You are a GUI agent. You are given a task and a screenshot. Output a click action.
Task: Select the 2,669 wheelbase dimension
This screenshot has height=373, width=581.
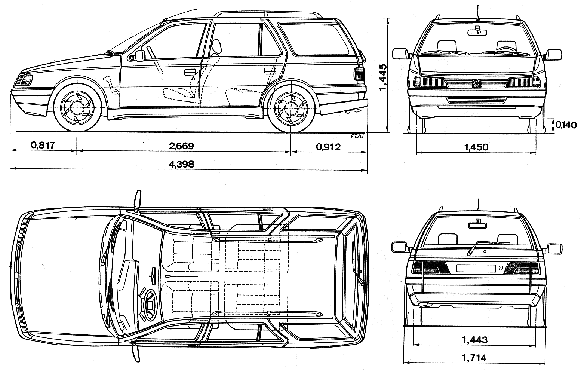tap(181, 146)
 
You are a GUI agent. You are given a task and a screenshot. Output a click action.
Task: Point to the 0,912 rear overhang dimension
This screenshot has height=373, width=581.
tap(328, 147)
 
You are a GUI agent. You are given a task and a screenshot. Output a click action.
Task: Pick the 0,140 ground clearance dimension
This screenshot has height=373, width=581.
tap(566, 125)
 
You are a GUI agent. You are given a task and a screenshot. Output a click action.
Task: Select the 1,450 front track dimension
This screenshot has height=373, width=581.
tap(476, 147)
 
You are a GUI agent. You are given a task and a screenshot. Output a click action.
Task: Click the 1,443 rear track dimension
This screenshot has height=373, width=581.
tap(475, 340)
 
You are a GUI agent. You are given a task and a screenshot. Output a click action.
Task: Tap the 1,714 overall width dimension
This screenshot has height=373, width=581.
tap(475, 358)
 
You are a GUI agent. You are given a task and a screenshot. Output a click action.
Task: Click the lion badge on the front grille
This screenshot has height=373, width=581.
tap(476, 83)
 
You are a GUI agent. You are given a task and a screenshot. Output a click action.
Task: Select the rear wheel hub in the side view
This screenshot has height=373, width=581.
tap(290, 107)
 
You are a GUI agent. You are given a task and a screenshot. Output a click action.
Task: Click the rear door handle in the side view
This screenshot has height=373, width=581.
tap(270, 70)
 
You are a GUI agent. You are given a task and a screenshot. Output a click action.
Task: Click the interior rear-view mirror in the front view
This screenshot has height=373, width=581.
tap(477, 32)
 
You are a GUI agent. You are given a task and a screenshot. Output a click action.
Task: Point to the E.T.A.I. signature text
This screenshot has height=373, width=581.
tap(357, 136)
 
